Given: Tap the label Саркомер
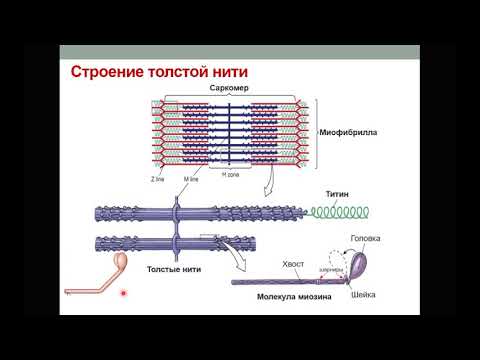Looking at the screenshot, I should point(229,89).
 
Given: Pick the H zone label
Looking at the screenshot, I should point(230,175).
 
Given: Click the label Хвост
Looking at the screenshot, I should point(293,263).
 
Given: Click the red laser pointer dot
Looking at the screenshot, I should point(123,294).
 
